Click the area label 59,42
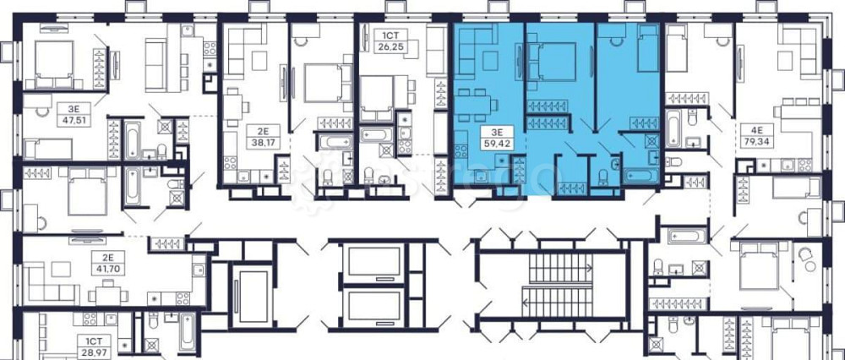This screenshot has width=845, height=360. [x=495, y=145]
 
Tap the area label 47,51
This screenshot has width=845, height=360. [x=74, y=120]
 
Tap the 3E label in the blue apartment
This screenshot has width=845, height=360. [x=495, y=133]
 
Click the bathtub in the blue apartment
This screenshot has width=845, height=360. [x=641, y=176]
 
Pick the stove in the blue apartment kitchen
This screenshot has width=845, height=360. [x=461, y=150]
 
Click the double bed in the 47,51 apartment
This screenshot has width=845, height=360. [x=54, y=63]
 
